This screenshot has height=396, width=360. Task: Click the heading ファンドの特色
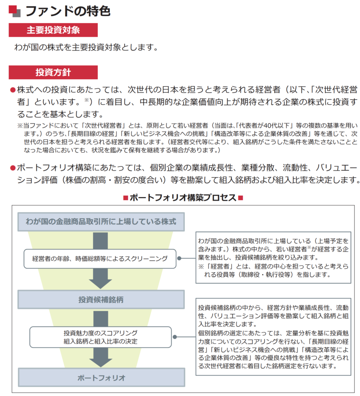point(68,10)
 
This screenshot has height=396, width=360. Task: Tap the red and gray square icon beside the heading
point(14,11)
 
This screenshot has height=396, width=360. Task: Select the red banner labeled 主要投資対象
point(53,30)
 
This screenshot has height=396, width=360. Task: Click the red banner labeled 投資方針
point(53,72)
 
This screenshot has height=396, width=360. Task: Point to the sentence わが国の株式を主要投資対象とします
point(86,48)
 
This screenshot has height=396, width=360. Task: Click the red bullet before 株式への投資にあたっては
point(12,90)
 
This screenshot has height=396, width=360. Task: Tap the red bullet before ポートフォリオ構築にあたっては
point(12,168)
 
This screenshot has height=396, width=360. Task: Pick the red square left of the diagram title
point(125,198)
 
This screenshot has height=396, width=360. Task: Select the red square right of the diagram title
point(241,198)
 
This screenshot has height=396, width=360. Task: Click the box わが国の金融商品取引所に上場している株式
point(101,222)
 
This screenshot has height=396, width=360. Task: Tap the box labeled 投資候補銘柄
point(101,299)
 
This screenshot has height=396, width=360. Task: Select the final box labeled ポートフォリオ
point(101,377)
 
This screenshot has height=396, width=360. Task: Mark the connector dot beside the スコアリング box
point(175,337)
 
